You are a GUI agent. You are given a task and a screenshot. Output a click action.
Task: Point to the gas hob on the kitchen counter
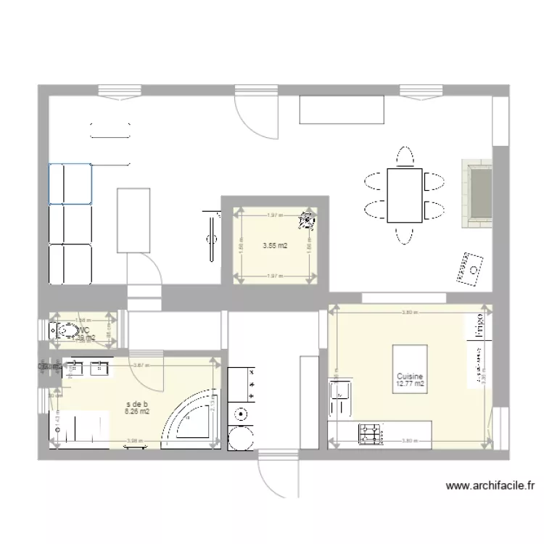[x=370, y=433]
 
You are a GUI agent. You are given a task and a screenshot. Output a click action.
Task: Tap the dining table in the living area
[x=404, y=195]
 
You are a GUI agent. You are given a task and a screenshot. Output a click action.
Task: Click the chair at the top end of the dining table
[x=404, y=157]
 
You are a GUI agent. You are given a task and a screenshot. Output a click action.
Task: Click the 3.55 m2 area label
[x=275, y=246]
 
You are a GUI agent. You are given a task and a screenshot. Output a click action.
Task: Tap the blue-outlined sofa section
[x=70, y=183]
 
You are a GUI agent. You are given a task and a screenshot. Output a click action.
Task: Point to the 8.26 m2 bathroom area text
[x=137, y=412]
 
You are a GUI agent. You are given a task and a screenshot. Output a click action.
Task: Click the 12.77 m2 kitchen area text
[x=410, y=384]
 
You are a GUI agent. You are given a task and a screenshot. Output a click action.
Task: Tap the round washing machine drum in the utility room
[x=239, y=437]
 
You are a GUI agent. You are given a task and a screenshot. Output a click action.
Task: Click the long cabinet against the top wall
[x=341, y=110]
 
